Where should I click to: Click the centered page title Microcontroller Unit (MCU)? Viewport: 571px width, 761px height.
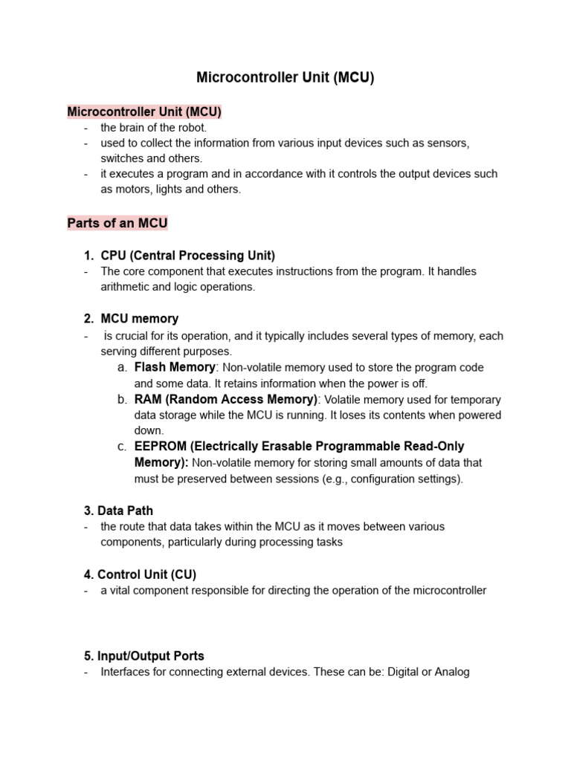point(285,77)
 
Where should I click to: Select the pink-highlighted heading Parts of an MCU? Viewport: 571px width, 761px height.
point(117,223)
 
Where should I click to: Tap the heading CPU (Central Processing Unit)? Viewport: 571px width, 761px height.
point(187,256)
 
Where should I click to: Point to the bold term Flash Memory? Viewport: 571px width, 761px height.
point(175,367)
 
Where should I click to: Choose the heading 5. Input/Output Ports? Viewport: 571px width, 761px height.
point(144,656)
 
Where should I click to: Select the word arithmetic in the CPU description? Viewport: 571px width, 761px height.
point(125,287)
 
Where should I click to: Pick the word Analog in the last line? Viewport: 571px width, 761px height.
point(452,673)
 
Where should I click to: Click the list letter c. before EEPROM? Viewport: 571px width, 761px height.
point(122,447)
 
